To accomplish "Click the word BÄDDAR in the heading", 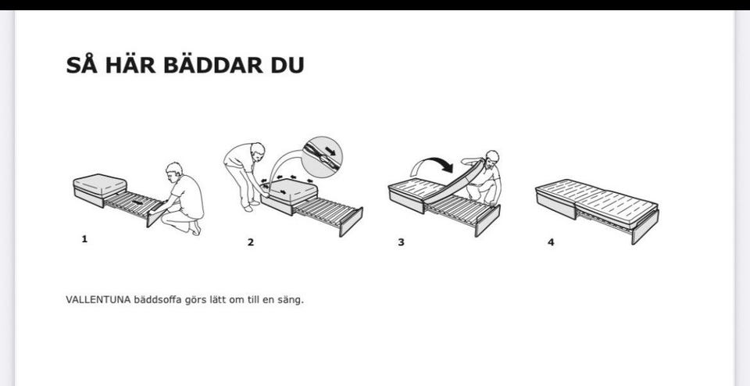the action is (213, 65).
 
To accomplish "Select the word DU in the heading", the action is (287, 66).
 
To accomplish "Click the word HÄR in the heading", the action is (130, 65).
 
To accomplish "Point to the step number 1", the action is (84, 239).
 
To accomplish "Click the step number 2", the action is (251, 242).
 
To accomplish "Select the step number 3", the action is (401, 242).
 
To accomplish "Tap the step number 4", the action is (551, 242).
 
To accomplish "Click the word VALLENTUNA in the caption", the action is (98, 300).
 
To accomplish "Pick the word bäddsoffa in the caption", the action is (157, 300).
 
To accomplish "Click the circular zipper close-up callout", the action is (322, 157).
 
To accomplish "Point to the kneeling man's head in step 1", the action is (174, 170).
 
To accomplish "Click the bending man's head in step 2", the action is (257, 150).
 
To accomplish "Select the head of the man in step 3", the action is (491, 157).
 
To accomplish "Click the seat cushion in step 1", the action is (100, 184).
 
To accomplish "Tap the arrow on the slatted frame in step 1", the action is (137, 202).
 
